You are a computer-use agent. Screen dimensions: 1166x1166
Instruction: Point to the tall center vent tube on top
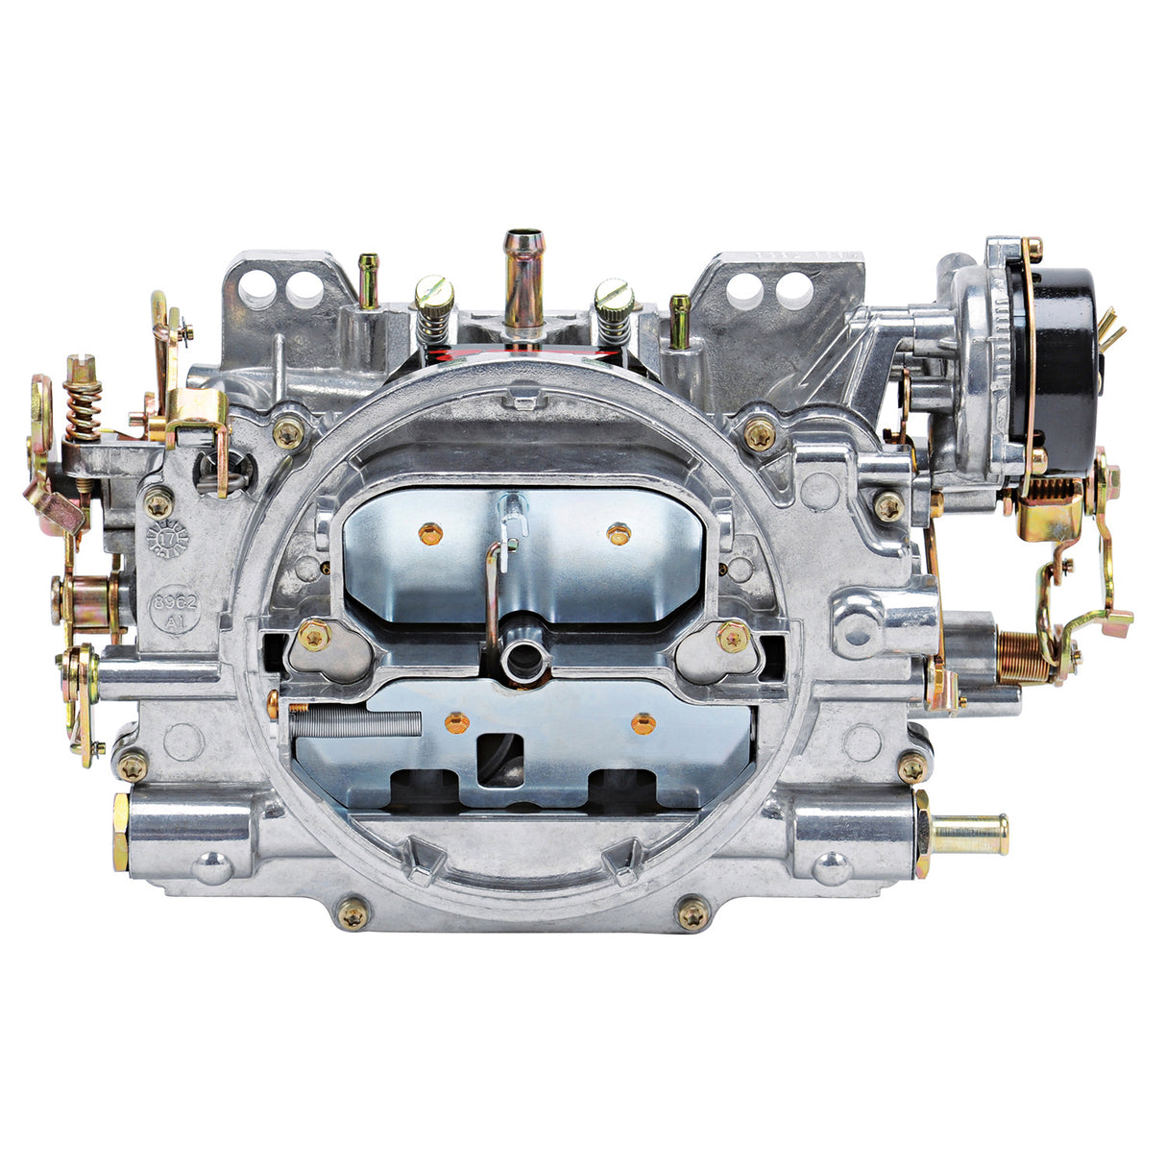[523, 279]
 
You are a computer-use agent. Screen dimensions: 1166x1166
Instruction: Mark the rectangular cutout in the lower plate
[498, 759]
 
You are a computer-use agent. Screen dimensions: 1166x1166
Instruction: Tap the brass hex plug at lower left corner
[120, 832]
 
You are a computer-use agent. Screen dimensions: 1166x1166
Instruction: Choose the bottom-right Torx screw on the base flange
[692, 915]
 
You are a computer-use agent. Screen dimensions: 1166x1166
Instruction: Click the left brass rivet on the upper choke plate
[428, 530]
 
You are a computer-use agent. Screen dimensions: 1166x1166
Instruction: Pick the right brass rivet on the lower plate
[643, 721]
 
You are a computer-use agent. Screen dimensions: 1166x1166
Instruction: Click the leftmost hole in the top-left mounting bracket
[255, 284]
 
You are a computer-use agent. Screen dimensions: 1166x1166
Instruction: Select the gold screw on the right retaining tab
[733, 636]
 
